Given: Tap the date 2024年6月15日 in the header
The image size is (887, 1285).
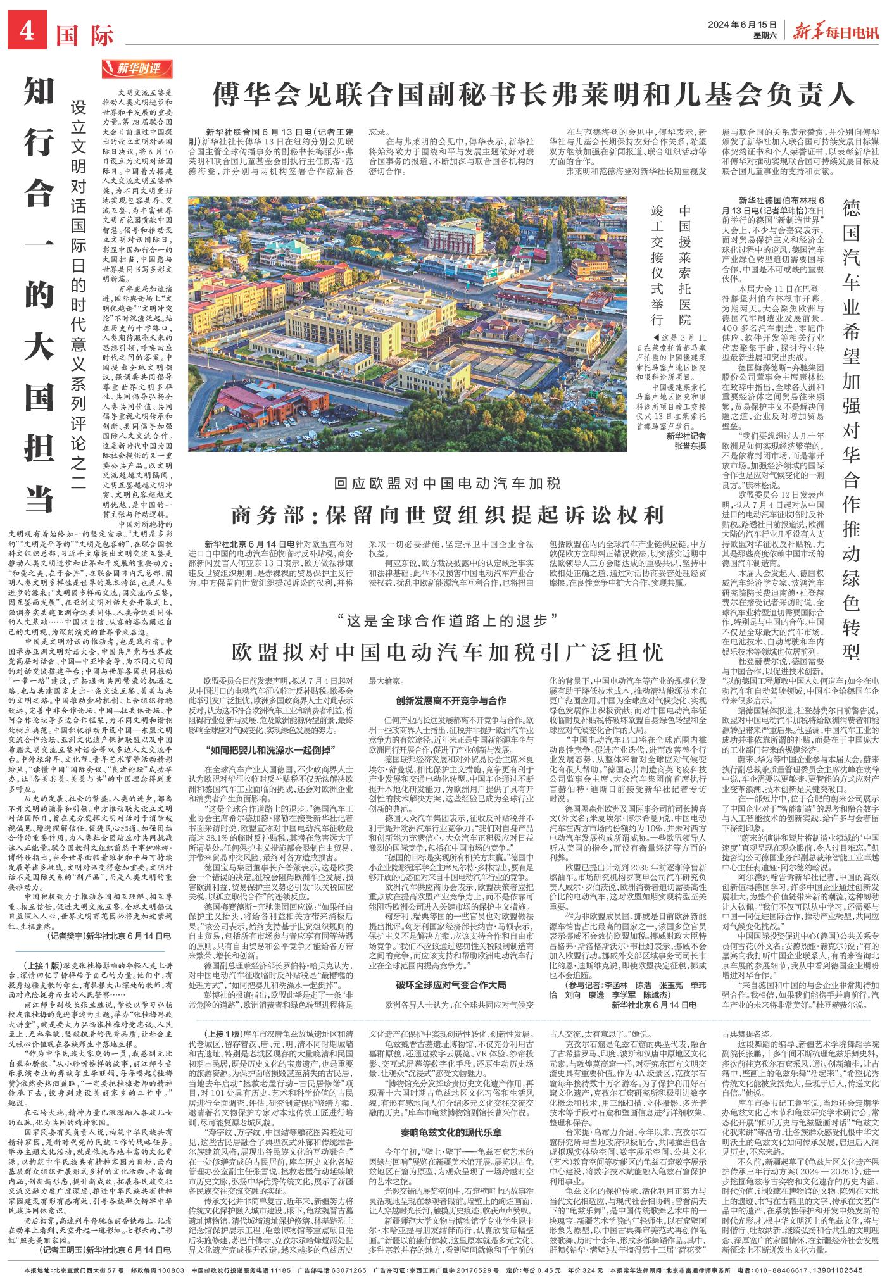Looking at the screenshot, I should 743,24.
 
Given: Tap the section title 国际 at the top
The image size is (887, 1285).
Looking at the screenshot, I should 85,34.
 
